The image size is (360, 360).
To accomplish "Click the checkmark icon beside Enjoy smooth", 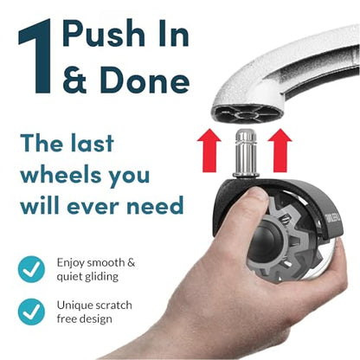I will click(32, 268).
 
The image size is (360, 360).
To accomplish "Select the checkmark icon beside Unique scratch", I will click(32, 311).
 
